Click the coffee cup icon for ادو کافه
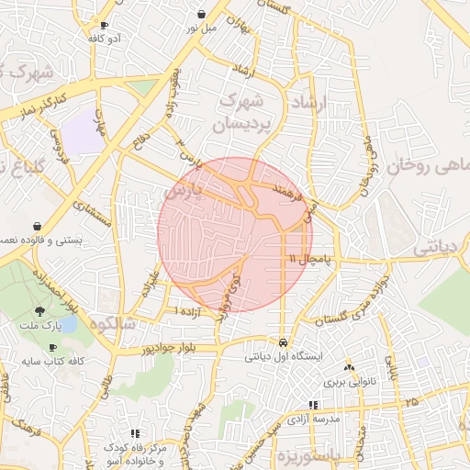coord(104,25)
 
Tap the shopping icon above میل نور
coord(201,14)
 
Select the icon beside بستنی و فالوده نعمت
coord(37,226)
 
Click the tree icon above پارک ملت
coord(39,311)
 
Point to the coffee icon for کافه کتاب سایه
coord(52,347)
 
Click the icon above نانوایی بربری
coord(348,366)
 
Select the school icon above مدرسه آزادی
coord(313,404)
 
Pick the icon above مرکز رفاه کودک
coord(136,432)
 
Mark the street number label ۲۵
coord(409,402)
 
